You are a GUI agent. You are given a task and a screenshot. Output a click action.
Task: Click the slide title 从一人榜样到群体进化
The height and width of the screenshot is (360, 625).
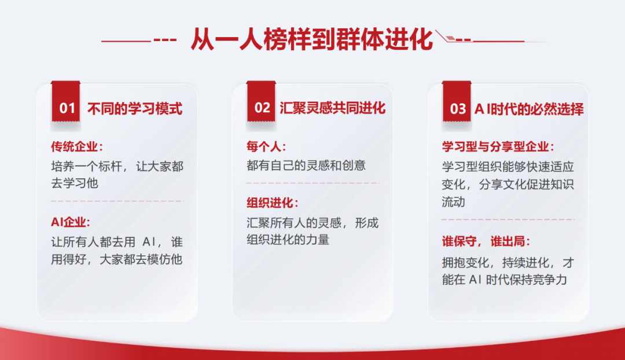(312, 39)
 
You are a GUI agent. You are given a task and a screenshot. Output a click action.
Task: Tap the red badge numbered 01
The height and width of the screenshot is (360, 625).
(66, 102)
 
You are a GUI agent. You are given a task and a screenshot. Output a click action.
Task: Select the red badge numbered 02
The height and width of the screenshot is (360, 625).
(261, 102)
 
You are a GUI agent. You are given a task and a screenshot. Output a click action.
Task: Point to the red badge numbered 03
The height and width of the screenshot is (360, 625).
(457, 102)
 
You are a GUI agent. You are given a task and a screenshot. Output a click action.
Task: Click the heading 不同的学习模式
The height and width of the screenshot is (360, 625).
(135, 108)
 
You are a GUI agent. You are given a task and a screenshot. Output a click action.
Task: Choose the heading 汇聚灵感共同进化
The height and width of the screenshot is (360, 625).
(332, 108)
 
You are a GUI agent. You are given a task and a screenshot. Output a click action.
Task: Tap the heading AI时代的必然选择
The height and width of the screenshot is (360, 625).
(529, 108)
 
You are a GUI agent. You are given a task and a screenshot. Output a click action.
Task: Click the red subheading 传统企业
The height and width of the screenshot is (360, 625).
(77, 146)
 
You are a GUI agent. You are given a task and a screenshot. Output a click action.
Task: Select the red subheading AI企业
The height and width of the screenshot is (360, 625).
(71, 222)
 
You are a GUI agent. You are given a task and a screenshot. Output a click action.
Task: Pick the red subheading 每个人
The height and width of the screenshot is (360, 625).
(266, 146)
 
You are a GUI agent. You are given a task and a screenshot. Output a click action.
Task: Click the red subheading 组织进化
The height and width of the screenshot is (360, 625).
(273, 203)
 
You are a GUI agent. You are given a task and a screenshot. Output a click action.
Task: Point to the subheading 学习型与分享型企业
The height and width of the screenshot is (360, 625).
(498, 146)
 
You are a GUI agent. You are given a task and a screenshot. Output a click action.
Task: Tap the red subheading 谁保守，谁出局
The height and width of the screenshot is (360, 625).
(486, 241)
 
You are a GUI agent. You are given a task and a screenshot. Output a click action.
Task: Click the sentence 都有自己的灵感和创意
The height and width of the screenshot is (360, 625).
(306, 165)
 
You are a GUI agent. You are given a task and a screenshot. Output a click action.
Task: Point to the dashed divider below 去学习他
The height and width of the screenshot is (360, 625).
(117, 201)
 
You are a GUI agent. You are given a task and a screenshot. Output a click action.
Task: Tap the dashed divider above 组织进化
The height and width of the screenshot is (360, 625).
(312, 183)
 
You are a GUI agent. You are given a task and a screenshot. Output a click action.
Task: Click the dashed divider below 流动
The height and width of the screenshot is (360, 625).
(508, 219)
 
